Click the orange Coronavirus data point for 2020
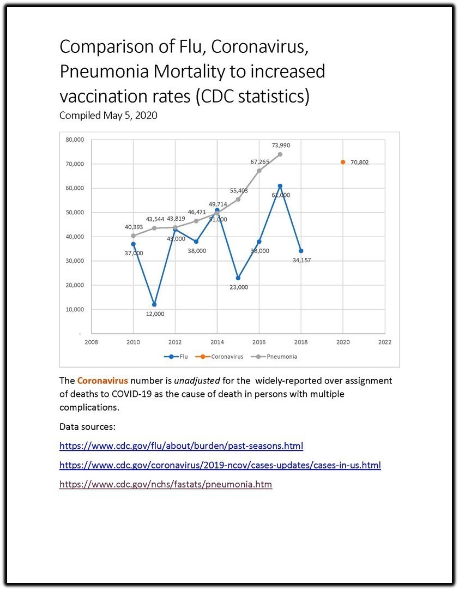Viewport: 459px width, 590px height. pyautogui.click(x=343, y=162)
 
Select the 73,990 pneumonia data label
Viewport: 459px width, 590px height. pyautogui.click(x=280, y=145)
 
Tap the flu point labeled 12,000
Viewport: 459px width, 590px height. pyautogui.click(x=154, y=304)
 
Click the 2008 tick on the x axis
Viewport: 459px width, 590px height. pyautogui.click(x=92, y=342)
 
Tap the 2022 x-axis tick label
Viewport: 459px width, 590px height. pyautogui.click(x=385, y=342)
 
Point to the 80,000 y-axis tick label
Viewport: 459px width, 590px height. pyautogui.click(x=75, y=140)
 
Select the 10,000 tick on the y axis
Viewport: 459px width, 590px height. pyautogui.click(x=75, y=309)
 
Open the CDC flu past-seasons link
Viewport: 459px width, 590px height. pyautogui.click(x=181, y=446)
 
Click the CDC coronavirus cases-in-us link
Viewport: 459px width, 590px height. pyautogui.click(x=220, y=466)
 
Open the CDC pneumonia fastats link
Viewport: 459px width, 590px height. pyautogui.click(x=165, y=484)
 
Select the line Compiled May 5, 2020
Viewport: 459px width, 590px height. pyautogui.click(x=108, y=116)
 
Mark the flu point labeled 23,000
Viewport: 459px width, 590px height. pyautogui.click(x=238, y=278)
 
